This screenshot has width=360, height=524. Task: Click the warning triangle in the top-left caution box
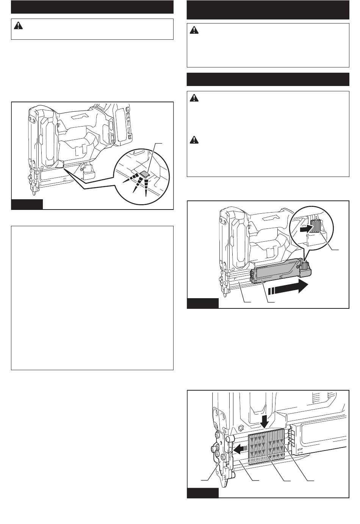[x=18, y=26]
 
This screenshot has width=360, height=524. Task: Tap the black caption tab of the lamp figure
[x=27, y=204]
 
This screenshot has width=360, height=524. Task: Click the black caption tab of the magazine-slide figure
[x=203, y=303]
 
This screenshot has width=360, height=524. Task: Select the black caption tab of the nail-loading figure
[x=203, y=493]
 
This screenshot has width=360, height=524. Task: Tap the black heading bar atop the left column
[x=92, y=7]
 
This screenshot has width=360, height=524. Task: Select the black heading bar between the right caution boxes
[x=268, y=79]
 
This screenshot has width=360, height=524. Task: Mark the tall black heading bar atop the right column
[x=268, y=9]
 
